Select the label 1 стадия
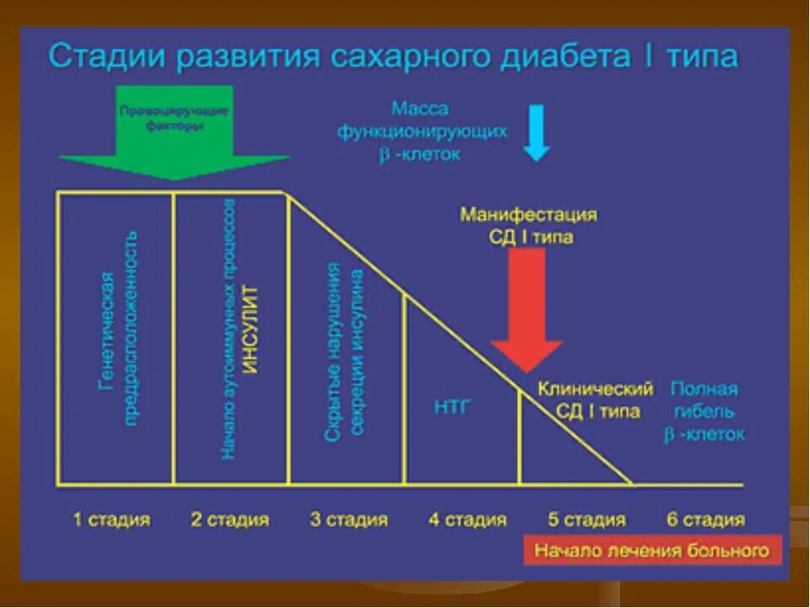click(112, 519)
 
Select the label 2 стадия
click(229, 519)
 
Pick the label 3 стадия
click(348, 519)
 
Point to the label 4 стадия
click(467, 519)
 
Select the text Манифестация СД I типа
click(529, 225)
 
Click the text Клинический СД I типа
click(597, 400)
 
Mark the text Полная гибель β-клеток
click(706, 411)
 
